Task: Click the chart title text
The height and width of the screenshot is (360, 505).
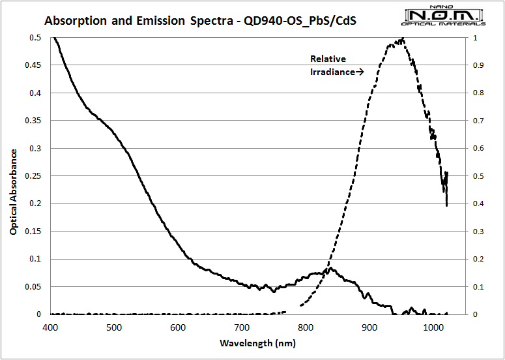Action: click(200, 20)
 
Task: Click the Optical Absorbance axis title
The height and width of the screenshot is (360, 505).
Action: click(12, 191)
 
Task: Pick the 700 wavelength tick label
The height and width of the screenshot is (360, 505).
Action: click(242, 327)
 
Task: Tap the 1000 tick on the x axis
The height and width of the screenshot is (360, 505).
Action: click(433, 327)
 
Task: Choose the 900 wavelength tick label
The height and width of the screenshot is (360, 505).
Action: click(369, 327)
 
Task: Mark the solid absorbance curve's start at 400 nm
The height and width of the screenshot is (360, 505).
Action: click(53, 38)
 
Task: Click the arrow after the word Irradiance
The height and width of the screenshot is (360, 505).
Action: click(359, 72)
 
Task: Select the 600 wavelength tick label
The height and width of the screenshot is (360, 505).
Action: click(178, 327)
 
